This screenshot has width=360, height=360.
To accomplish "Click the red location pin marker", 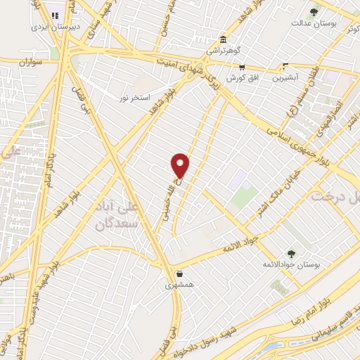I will click(181, 165).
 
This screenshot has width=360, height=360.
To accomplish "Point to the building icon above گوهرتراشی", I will click(223, 39).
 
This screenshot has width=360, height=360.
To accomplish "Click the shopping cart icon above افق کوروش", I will click(241, 68).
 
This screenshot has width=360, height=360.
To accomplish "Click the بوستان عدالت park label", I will click(314, 23).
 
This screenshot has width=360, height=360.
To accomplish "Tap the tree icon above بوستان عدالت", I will click(314, 11).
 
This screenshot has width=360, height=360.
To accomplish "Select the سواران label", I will click(32, 63).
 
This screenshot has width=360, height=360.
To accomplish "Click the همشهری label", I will click(178, 285).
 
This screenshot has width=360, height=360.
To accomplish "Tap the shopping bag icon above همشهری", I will click(180, 274).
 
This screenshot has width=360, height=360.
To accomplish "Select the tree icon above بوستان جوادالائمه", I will click(290, 252).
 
